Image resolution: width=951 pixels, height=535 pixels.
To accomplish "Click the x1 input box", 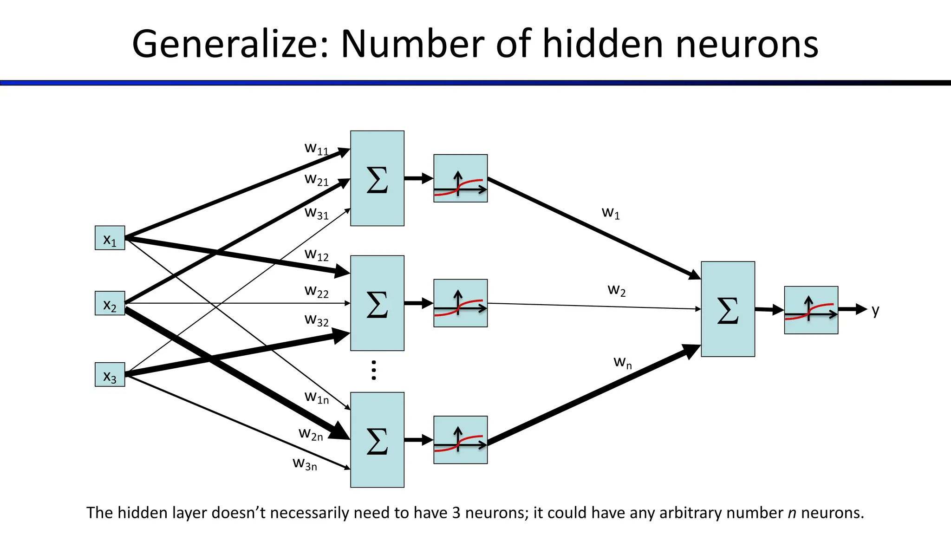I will coord(110,238).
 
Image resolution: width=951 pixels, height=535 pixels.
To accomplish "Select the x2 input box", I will coord(110,303).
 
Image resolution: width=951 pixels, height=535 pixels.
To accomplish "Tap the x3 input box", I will coord(110,374).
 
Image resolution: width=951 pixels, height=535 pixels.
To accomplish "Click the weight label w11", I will coord(316,149).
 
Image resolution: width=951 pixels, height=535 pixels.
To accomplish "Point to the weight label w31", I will coord(316,213).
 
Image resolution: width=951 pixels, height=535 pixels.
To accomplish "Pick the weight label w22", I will coord(316,291).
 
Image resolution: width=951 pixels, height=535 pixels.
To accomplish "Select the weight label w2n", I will coord(311,434).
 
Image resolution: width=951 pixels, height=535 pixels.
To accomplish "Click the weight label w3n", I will coord(305,463).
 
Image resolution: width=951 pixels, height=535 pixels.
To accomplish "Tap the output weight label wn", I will coord(622,362).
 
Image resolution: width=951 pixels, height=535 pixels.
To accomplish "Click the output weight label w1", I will coord(611,213).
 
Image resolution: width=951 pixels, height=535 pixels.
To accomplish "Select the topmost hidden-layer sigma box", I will coord(377,178).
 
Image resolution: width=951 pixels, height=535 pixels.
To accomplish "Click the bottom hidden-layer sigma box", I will coord(377,440).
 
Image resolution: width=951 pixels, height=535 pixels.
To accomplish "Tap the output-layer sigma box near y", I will coord(728,309).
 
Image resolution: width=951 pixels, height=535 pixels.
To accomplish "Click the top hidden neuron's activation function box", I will coord(460,178).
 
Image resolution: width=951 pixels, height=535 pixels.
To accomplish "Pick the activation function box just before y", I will coord(811,310).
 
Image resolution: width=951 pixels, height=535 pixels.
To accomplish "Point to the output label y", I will coord(875,310).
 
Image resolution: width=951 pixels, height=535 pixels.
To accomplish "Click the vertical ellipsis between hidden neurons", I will coord(374,370).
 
